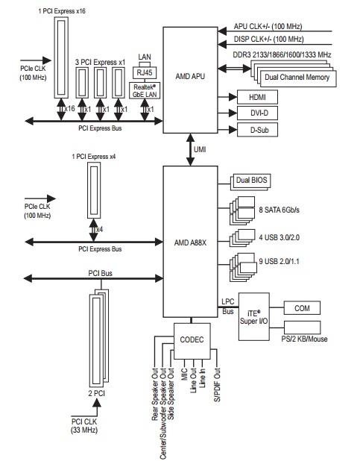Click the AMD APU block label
pyautogui.click(x=190, y=76)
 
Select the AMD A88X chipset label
pyautogui.click(x=190, y=243)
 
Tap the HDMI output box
pyautogui.click(x=257, y=97)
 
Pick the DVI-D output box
pyautogui.click(x=257, y=113)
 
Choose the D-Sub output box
pyautogui.click(x=257, y=130)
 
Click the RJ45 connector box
pyautogui.click(x=145, y=72)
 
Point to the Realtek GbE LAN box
pyautogui.click(x=145, y=90)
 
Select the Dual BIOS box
pyautogui.click(x=252, y=181)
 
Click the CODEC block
pyautogui.click(x=192, y=341)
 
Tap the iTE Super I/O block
pyautogui.click(x=254, y=316)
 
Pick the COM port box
pyautogui.click(x=302, y=308)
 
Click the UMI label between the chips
pyautogui.click(x=200, y=150)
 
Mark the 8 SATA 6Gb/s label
pyautogui.click(x=280, y=210)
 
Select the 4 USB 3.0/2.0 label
pyautogui.click(x=280, y=237)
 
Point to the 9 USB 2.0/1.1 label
pyautogui.click(x=280, y=261)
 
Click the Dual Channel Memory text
pyautogui.click(x=297, y=78)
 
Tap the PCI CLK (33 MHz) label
pyautogui.click(x=84, y=426)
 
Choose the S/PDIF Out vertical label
pyautogui.click(x=217, y=385)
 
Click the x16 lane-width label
pyautogui.click(x=69, y=109)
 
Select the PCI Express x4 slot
pyautogui.click(x=94, y=190)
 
